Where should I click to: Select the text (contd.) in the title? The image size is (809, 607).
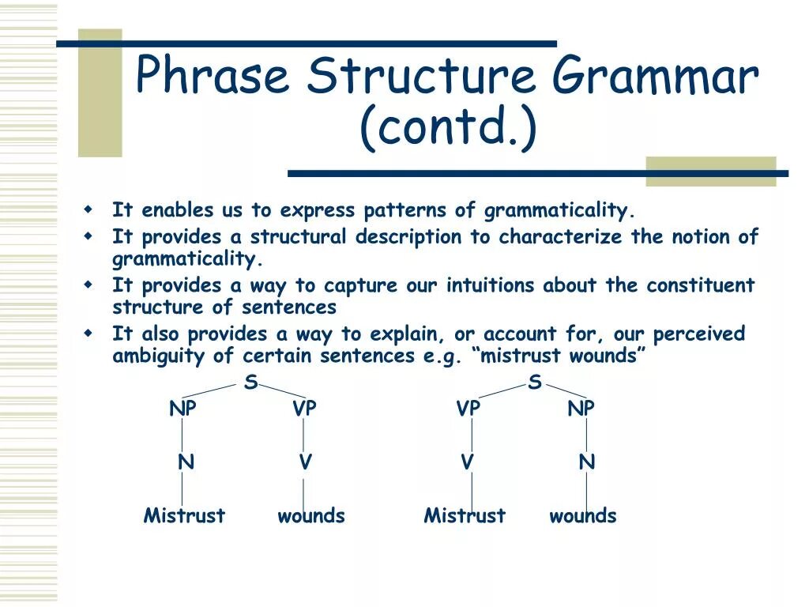[x=449, y=127]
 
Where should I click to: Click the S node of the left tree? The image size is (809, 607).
[x=250, y=382]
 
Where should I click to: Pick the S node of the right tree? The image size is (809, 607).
[x=535, y=382]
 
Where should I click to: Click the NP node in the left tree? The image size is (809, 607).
[x=182, y=409]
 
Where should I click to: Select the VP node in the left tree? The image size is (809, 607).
[x=304, y=409]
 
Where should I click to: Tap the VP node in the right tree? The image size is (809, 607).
[x=468, y=409]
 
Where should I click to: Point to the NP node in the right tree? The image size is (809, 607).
[x=581, y=409]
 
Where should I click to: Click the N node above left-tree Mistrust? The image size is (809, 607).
[x=186, y=462]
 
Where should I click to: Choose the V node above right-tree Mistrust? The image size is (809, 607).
[x=467, y=462]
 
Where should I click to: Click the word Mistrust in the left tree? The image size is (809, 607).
[x=184, y=515]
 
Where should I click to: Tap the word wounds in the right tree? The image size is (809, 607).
[x=583, y=515]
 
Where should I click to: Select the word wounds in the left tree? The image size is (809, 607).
[x=311, y=515]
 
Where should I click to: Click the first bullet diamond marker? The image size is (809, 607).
[x=88, y=209]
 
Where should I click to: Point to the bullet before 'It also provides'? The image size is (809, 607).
[x=88, y=334]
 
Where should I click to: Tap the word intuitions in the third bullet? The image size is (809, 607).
[x=490, y=285]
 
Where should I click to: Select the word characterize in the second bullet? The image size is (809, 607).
[x=560, y=236]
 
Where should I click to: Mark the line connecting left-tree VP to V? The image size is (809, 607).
[x=303, y=435]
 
